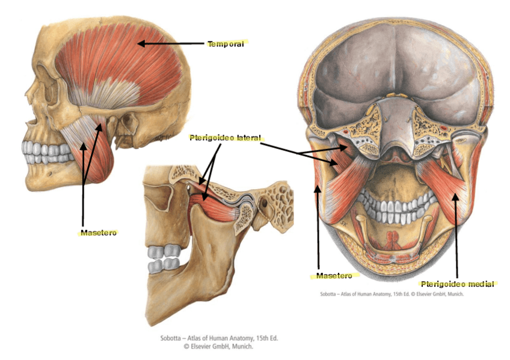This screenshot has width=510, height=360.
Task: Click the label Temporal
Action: point(226,43)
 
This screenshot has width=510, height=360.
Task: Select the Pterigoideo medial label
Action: point(457,283)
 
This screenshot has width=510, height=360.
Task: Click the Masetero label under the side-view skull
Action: point(98,231)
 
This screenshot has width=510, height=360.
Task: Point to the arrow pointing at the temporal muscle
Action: point(171,43)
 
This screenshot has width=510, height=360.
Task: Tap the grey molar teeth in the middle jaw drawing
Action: point(164,257)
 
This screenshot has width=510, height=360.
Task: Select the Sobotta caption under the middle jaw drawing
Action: point(219,343)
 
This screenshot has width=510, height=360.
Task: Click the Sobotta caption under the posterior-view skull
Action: point(391,294)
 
